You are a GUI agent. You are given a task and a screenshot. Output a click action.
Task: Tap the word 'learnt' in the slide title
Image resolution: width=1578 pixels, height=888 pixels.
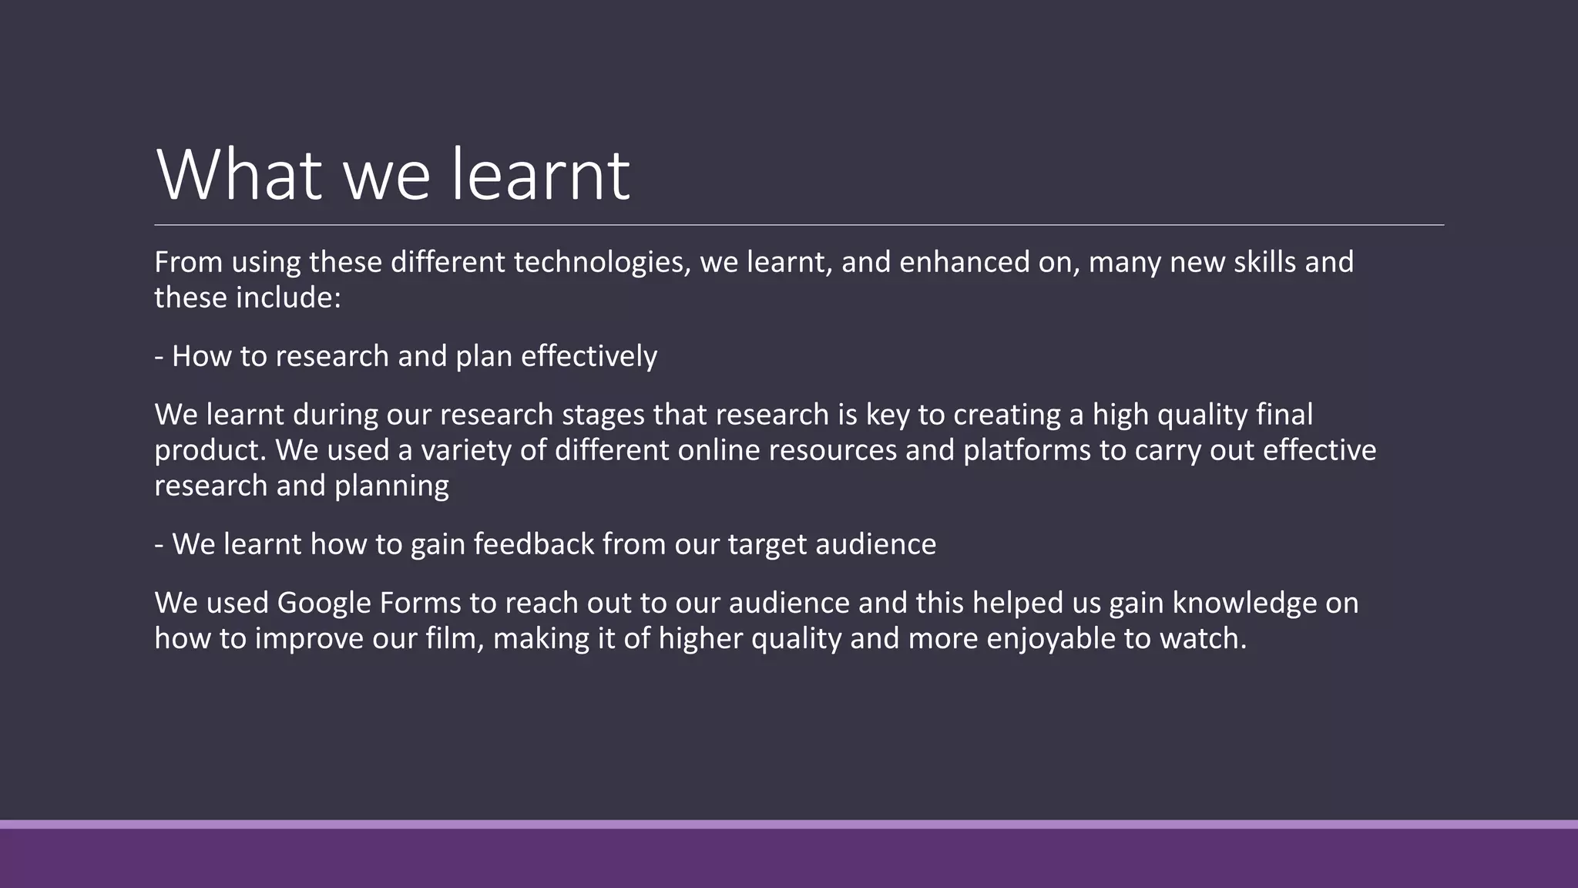(x=540, y=176)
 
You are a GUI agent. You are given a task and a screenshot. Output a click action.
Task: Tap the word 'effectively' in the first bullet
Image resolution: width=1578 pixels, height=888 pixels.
(x=589, y=356)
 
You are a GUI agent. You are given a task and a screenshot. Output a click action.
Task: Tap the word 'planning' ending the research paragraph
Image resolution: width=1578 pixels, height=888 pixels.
(x=391, y=486)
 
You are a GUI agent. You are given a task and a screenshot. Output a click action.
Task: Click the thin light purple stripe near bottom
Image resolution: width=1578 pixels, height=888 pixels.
(x=789, y=824)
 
